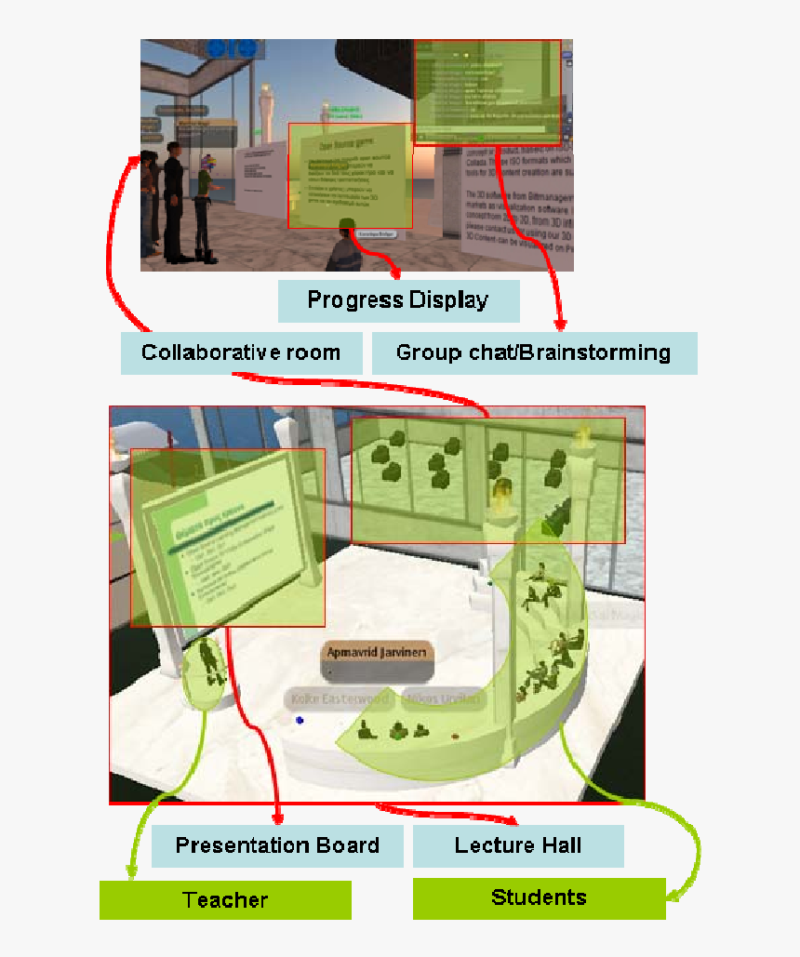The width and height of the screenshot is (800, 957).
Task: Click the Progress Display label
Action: [398, 300]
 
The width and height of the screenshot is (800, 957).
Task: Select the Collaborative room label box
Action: [241, 353]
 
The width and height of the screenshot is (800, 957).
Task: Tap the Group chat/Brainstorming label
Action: [534, 353]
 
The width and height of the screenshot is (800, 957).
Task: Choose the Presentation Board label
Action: [277, 845]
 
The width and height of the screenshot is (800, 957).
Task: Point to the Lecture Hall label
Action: [518, 845]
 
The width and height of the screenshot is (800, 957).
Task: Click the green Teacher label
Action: [225, 899]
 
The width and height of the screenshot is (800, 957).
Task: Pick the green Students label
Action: [539, 897]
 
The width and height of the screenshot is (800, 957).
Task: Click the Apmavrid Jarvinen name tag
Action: [378, 653]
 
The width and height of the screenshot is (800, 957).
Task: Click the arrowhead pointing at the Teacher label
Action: [129, 873]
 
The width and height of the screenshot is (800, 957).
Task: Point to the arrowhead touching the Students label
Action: [672, 897]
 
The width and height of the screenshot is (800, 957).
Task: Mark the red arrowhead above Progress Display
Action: [395, 273]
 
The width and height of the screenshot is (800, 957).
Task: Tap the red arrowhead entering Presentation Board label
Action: [277, 818]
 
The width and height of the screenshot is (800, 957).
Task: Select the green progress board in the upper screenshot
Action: [350, 176]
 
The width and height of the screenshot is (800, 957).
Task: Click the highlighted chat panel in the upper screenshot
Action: [487, 91]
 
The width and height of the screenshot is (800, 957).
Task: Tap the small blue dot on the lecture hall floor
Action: [300, 720]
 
